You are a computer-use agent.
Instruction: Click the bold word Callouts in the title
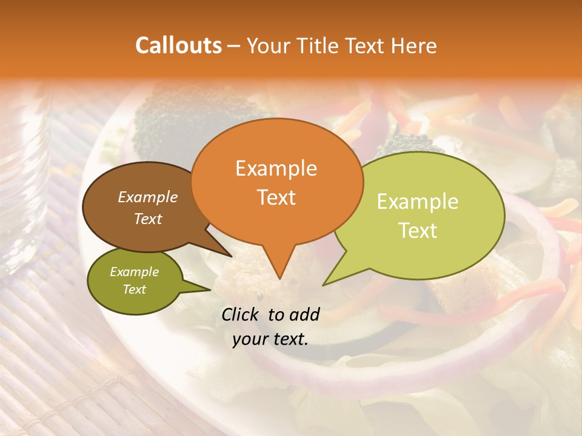(x=178, y=45)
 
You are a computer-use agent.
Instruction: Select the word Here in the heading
(x=414, y=45)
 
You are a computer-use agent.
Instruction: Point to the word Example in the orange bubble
(x=276, y=168)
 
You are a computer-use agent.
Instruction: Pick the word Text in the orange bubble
(x=276, y=197)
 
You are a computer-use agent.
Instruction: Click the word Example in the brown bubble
(x=148, y=197)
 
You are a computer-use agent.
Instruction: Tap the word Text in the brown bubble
(x=148, y=219)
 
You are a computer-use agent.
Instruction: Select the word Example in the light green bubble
(x=418, y=202)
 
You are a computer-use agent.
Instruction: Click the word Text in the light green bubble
(x=418, y=231)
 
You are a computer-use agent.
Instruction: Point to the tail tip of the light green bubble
(x=324, y=285)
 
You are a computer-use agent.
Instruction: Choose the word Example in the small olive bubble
(x=134, y=272)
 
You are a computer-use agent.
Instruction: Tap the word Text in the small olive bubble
(x=134, y=289)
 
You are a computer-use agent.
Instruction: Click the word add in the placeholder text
(x=304, y=314)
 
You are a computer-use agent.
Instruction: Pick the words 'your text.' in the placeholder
(x=270, y=339)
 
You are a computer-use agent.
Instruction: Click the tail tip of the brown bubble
(x=231, y=256)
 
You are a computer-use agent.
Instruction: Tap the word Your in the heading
(x=267, y=45)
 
